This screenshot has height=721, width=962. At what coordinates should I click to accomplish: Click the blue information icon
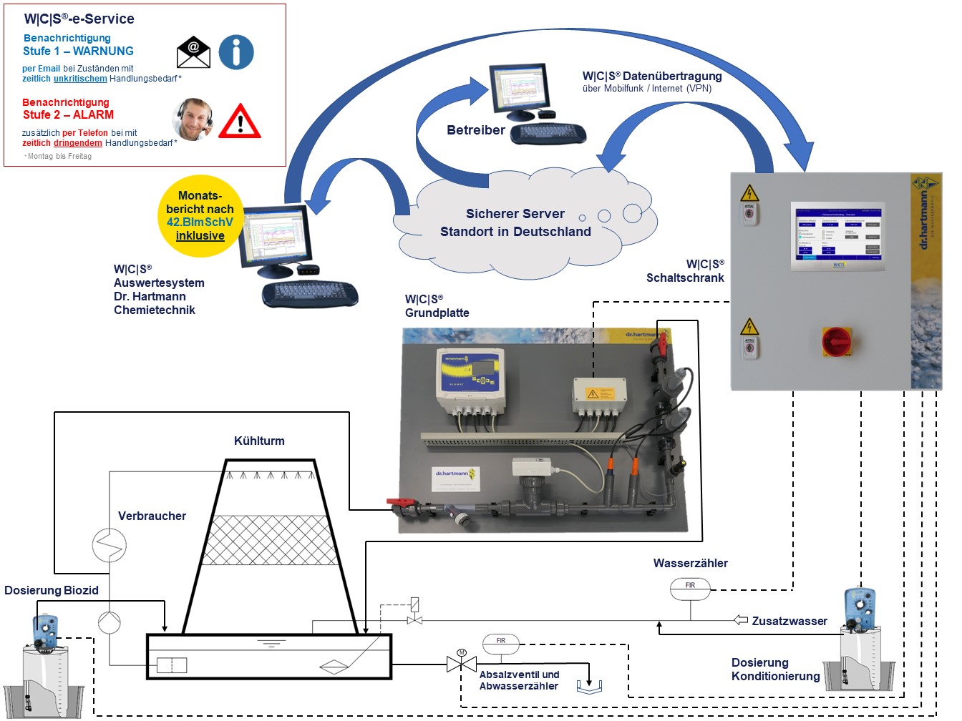tap(236, 52)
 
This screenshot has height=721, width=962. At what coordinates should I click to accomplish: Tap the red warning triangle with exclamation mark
tap(240, 122)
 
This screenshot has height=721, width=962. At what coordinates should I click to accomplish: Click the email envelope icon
tap(193, 52)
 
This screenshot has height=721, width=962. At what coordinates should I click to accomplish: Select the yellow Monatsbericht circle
tap(200, 215)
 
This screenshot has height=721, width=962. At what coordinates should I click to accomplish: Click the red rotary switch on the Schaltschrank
tap(836, 341)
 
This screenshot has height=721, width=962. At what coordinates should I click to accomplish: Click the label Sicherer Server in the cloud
tap(515, 214)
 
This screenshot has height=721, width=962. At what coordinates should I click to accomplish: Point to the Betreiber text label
tap(475, 130)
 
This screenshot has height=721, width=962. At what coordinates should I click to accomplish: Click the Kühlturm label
tap(259, 441)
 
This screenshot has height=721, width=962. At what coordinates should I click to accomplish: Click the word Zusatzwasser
tap(789, 621)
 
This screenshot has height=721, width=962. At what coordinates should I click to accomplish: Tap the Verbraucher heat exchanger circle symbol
tap(110, 545)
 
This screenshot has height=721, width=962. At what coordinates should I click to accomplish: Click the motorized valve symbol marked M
tap(462, 663)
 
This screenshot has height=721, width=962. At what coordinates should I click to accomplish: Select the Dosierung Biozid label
tap(52, 590)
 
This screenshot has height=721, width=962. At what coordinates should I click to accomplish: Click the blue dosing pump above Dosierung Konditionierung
tap(860, 609)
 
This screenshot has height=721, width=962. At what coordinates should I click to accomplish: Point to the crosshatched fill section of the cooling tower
tap(271, 540)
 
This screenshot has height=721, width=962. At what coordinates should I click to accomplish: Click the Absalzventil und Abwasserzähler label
tap(519, 680)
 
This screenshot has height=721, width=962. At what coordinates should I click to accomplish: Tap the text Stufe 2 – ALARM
tap(68, 114)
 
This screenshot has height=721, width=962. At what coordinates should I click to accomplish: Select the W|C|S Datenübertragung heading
tap(651, 76)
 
